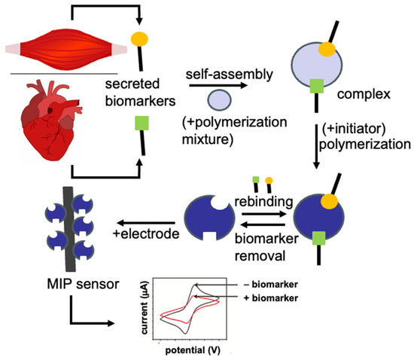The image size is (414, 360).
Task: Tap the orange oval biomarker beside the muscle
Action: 139,38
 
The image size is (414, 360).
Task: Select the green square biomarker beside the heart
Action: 141,122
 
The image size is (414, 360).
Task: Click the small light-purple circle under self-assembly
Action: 220,99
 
